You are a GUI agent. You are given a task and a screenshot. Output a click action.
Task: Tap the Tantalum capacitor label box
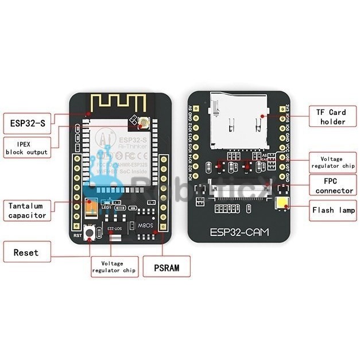pos(27,210)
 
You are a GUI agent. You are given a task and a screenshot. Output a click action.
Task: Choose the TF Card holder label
pos(332,117)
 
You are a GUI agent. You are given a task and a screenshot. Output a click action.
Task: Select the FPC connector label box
pos(334,185)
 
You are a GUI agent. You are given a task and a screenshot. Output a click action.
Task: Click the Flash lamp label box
pos(334,210)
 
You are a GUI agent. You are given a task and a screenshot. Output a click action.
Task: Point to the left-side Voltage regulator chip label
pos(114,266)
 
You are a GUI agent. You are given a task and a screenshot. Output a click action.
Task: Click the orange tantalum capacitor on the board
pos(91,208)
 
